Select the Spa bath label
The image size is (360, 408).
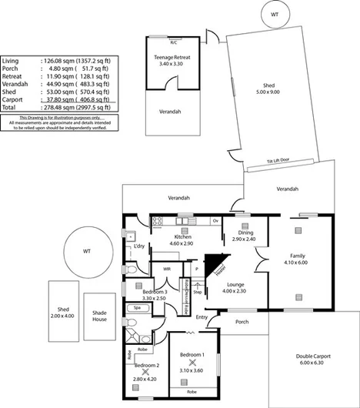(x=138, y=308)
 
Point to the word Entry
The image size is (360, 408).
(x=202, y=317)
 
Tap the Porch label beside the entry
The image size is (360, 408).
(x=242, y=322)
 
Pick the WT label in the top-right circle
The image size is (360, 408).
(x=275, y=15)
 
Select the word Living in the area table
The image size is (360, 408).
(x=11, y=60)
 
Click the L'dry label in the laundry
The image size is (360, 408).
(x=139, y=246)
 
